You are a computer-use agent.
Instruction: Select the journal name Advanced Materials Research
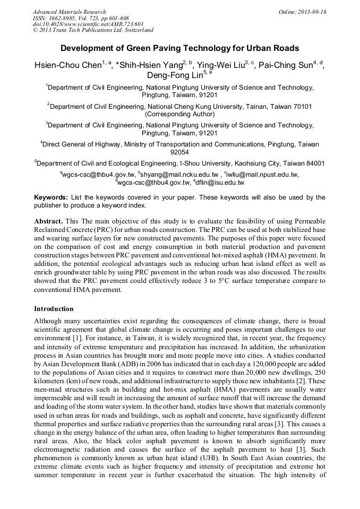click(69, 12)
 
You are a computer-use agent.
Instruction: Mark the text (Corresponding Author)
click(179, 114)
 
